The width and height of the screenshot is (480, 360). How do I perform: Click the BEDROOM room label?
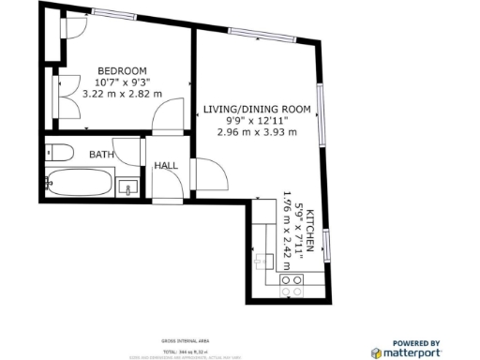click(124, 71)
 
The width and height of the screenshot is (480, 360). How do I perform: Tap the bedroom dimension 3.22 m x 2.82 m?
click(123, 94)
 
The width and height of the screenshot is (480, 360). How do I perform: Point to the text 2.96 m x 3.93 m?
click(257, 132)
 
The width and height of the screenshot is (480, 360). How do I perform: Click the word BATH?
click(101, 154)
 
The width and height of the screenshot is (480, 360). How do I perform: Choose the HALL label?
click(167, 166)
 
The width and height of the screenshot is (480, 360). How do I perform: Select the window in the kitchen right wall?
click(326, 247)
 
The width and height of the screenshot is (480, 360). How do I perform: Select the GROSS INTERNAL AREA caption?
click(178, 340)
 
